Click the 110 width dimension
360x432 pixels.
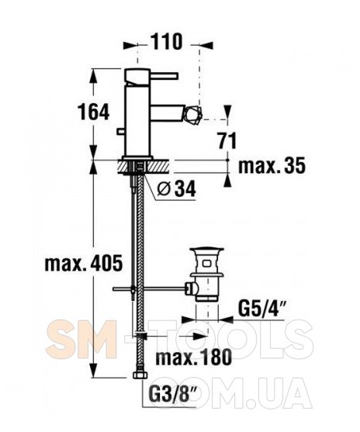[167, 42]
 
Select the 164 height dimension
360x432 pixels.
[93, 112]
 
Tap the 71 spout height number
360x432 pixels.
[227, 140]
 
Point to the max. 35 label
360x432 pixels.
[272, 165]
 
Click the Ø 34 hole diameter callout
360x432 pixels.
[176, 188]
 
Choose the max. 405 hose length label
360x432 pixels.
[84, 263]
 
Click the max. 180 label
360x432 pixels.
[193, 357]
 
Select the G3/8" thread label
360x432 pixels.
[172, 395]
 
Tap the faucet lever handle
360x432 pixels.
[164, 76]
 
